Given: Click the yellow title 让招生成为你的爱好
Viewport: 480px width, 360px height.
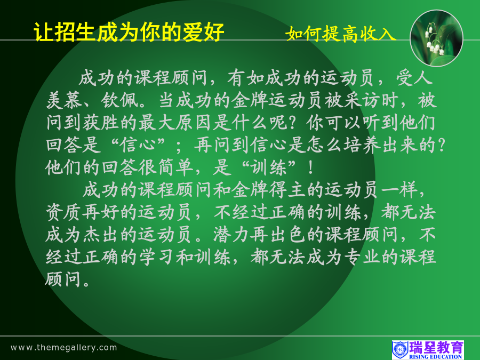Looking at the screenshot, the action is (x=129, y=32).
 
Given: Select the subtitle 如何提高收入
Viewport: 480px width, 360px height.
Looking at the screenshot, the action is (x=341, y=34).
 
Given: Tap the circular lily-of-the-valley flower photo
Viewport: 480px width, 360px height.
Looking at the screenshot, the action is (x=436, y=38).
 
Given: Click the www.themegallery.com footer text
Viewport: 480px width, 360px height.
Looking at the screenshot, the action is (x=63, y=347).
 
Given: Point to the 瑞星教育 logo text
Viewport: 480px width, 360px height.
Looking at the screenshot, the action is (x=436, y=348).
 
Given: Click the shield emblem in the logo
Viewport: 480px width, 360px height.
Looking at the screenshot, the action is (x=400, y=349).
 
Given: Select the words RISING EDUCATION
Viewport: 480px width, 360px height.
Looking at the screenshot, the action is (x=436, y=357).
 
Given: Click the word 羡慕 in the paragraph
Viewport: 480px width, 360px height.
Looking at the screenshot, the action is (x=65, y=100).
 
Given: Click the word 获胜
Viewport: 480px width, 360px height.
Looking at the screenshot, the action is (x=101, y=123).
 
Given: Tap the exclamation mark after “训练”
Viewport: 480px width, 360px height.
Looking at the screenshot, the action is (x=311, y=168).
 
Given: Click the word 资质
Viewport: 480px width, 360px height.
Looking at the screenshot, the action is (x=65, y=212).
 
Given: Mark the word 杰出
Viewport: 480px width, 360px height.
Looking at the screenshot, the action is (x=101, y=235).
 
